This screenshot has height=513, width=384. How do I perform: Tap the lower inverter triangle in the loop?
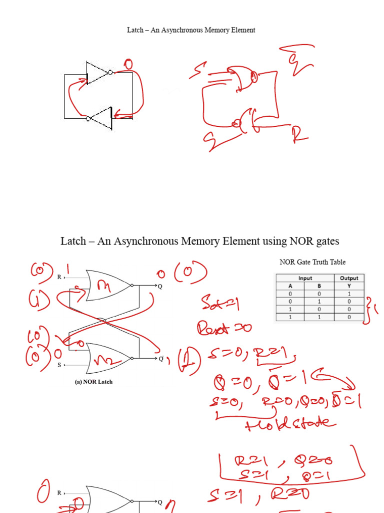coord(102,118)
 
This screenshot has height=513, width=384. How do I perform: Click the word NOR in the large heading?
coord(300,241)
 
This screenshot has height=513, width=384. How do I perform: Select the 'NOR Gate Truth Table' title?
coord(312,262)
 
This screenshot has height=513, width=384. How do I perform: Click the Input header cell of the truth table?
coord(305,278)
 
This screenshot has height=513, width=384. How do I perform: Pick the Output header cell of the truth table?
coord(349,278)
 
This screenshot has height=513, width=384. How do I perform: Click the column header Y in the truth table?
coord(349,286)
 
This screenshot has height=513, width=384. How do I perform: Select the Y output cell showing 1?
coord(349,294)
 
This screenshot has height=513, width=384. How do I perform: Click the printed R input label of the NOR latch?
coord(59,277)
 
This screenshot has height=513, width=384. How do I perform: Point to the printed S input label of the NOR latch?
coord(59,365)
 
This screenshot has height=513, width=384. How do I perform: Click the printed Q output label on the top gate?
coord(160,287)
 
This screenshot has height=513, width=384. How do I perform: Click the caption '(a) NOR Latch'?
coord(93,382)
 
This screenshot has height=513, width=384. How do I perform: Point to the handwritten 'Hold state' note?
coord(290,423)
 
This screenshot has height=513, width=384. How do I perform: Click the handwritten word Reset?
coord(215,329)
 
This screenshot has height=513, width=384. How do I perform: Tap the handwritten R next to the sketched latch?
coord(300,134)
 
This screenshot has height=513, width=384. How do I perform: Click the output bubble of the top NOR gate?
coord(132,286)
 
